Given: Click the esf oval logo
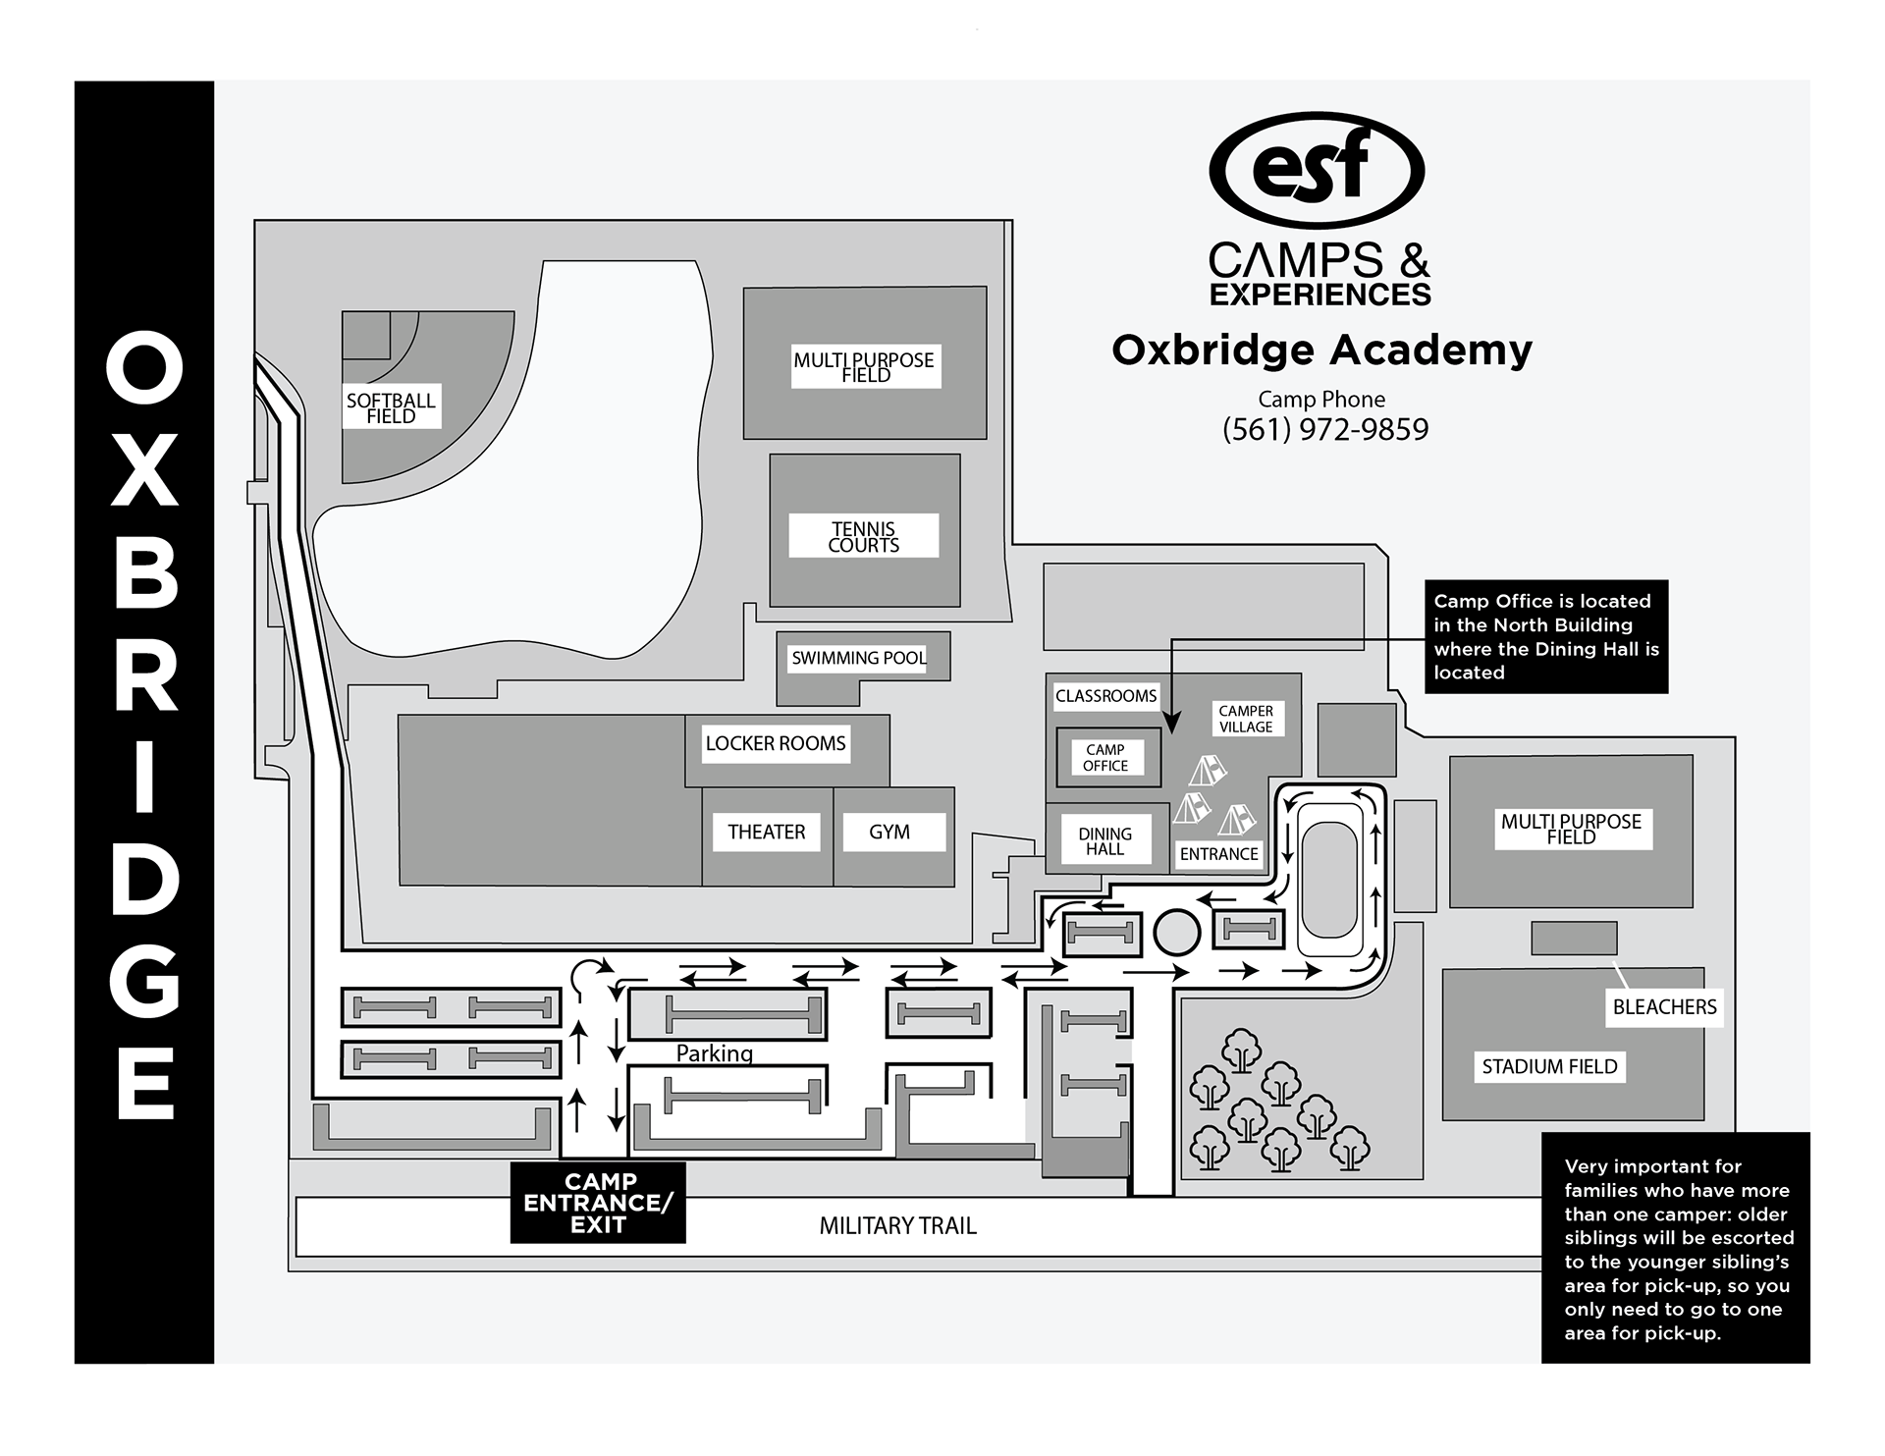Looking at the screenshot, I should (x=1317, y=169).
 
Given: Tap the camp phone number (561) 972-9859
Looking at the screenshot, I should (x=1325, y=430).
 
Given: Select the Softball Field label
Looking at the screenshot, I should (x=391, y=407).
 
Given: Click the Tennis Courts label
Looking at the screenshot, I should (x=864, y=537).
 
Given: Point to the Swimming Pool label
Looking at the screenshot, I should (x=859, y=658).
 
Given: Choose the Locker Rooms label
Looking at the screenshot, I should (x=776, y=743).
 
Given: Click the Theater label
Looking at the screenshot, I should (x=766, y=832).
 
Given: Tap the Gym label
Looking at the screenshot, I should (x=889, y=832).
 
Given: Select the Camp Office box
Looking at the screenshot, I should (x=1105, y=757).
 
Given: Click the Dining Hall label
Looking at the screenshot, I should (x=1105, y=841).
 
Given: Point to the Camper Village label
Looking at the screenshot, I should (x=1245, y=719).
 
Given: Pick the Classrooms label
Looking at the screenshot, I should (x=1105, y=696).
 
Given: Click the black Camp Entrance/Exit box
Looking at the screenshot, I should (x=598, y=1203).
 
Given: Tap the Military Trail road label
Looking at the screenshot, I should (x=898, y=1225).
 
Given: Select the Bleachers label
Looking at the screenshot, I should (x=1664, y=1006).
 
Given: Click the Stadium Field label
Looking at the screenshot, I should (x=1549, y=1066).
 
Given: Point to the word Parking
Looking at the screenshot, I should (x=715, y=1053).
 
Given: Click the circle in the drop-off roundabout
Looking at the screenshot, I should (x=1176, y=932).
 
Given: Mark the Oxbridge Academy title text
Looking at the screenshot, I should (x=1321, y=350).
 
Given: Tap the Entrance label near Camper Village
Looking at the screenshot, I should (x=1219, y=854).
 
